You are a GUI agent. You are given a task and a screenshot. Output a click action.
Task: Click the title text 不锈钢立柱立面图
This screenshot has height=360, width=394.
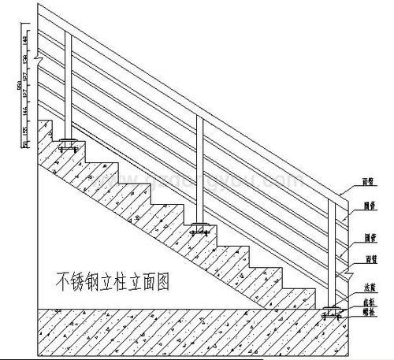click(110, 279)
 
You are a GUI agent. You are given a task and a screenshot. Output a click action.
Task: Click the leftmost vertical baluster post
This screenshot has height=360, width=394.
click(69, 87)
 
